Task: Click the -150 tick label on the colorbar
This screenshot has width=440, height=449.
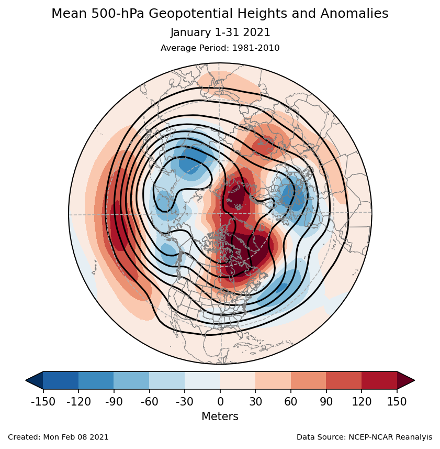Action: [x=43, y=402]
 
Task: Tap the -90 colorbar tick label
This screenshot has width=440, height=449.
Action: [x=114, y=402]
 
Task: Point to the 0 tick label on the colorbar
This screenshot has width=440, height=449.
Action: [x=220, y=402]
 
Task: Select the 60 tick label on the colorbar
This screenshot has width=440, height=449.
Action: [x=291, y=402]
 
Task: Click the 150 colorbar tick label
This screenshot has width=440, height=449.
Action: [x=397, y=402]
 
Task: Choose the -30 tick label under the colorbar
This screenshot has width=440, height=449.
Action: [x=184, y=402]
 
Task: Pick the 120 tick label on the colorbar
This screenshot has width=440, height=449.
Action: [x=362, y=402]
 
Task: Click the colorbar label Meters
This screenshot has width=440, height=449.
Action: [x=220, y=417]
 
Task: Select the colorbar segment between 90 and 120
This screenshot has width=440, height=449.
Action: [x=344, y=380]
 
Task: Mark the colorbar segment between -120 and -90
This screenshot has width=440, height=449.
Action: [x=96, y=380]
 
